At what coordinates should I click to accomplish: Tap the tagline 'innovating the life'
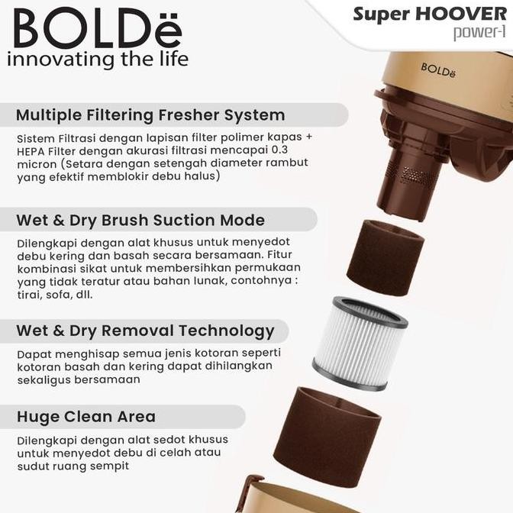click(97, 60)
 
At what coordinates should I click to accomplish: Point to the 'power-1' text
click(480, 33)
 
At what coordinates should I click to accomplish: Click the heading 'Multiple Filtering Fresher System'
click(150, 115)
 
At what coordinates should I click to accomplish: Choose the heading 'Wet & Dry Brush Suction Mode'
click(140, 220)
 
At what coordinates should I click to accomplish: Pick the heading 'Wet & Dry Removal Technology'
click(145, 331)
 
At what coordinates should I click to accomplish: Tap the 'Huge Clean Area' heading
click(85, 417)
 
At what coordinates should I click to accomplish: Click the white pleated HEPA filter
click(360, 343)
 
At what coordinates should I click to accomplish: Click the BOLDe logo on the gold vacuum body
click(437, 69)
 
